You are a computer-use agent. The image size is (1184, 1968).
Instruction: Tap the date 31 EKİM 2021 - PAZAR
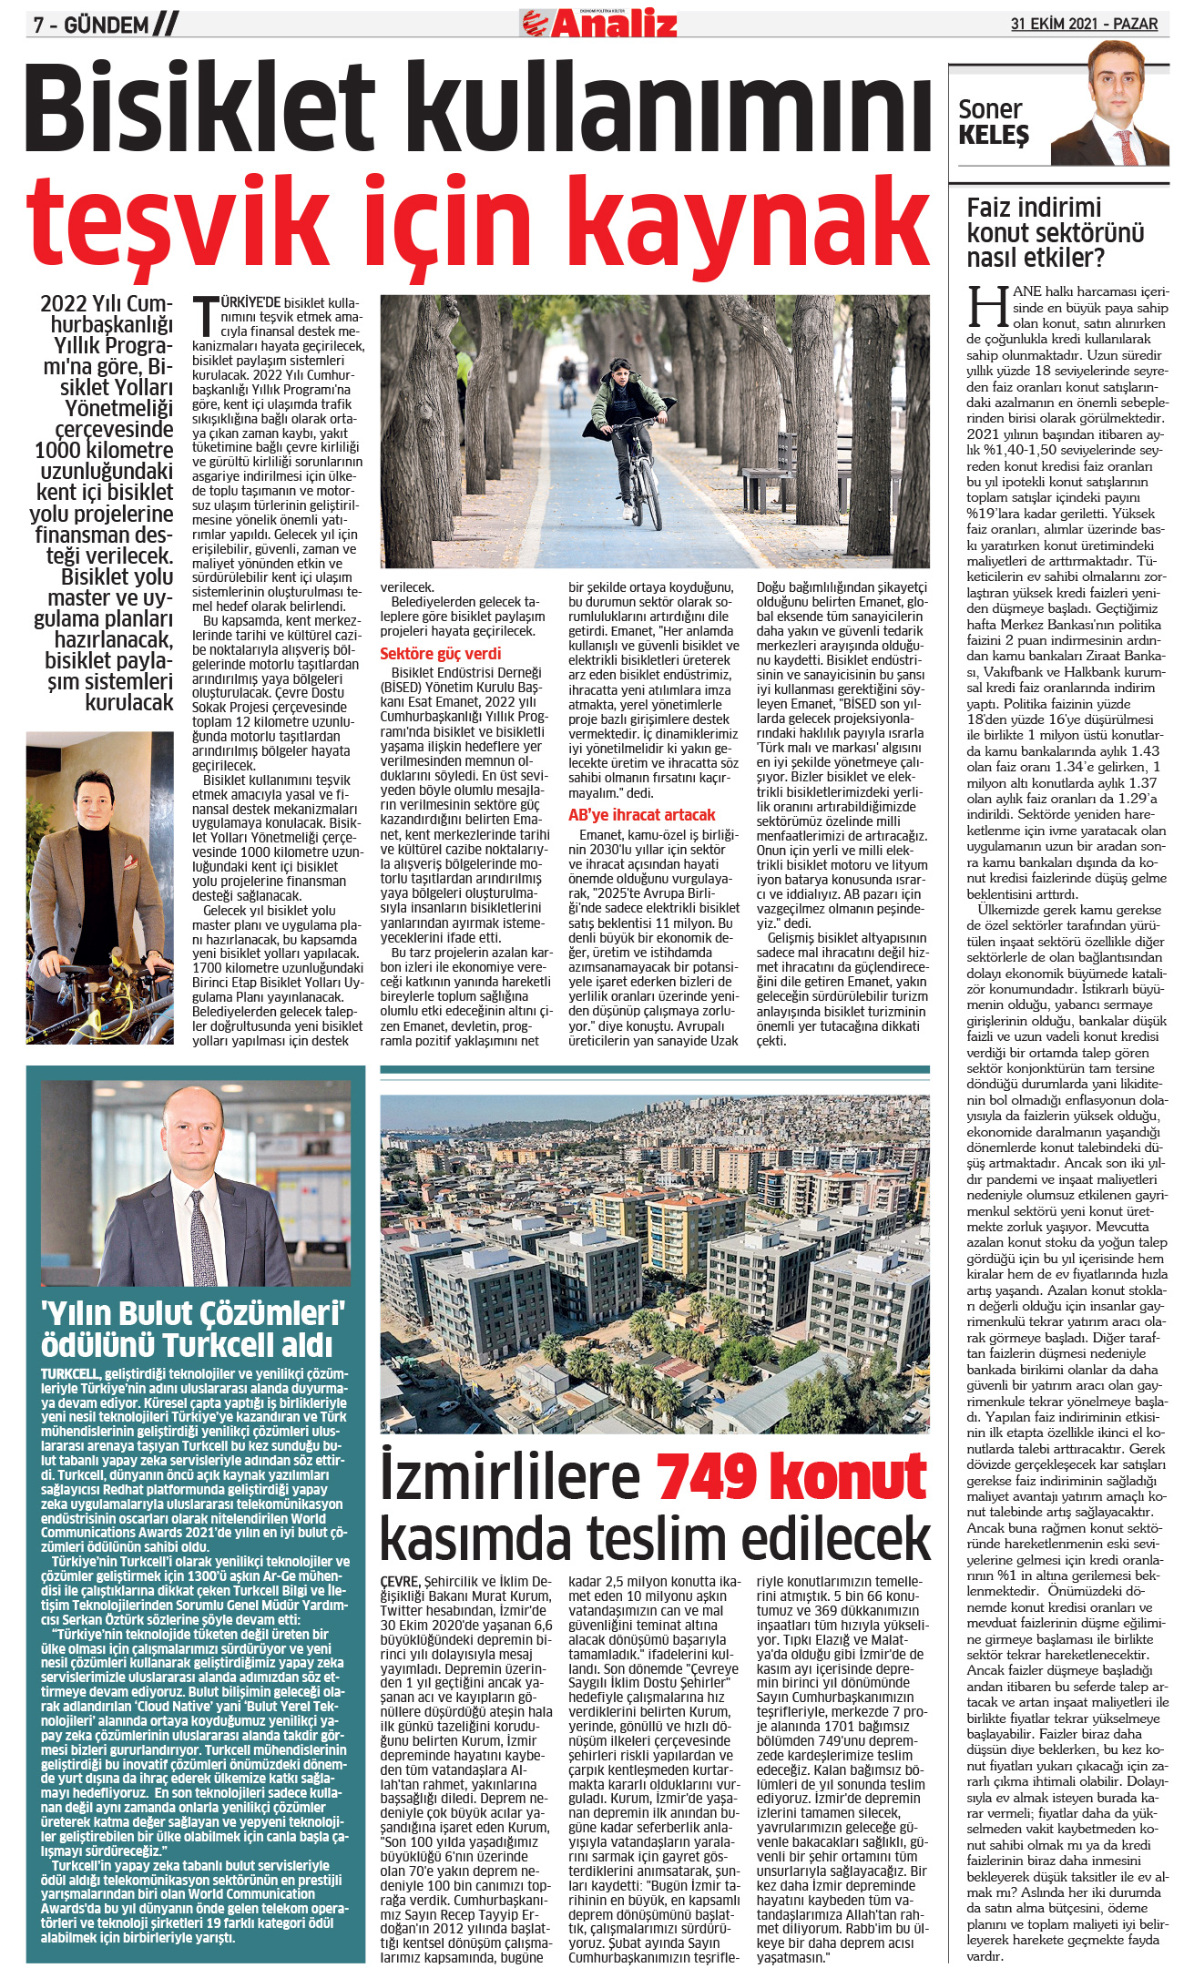[1084, 24]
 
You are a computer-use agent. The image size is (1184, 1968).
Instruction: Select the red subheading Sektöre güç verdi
[440, 653]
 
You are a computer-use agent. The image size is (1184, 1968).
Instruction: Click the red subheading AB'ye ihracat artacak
[642, 815]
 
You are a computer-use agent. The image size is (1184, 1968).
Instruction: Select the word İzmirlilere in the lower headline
[510, 1477]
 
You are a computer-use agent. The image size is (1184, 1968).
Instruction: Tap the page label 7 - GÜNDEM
[91, 25]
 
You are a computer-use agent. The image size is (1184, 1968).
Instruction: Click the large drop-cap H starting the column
[987, 307]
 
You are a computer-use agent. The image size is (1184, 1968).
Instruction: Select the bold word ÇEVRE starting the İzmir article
[401, 1581]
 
